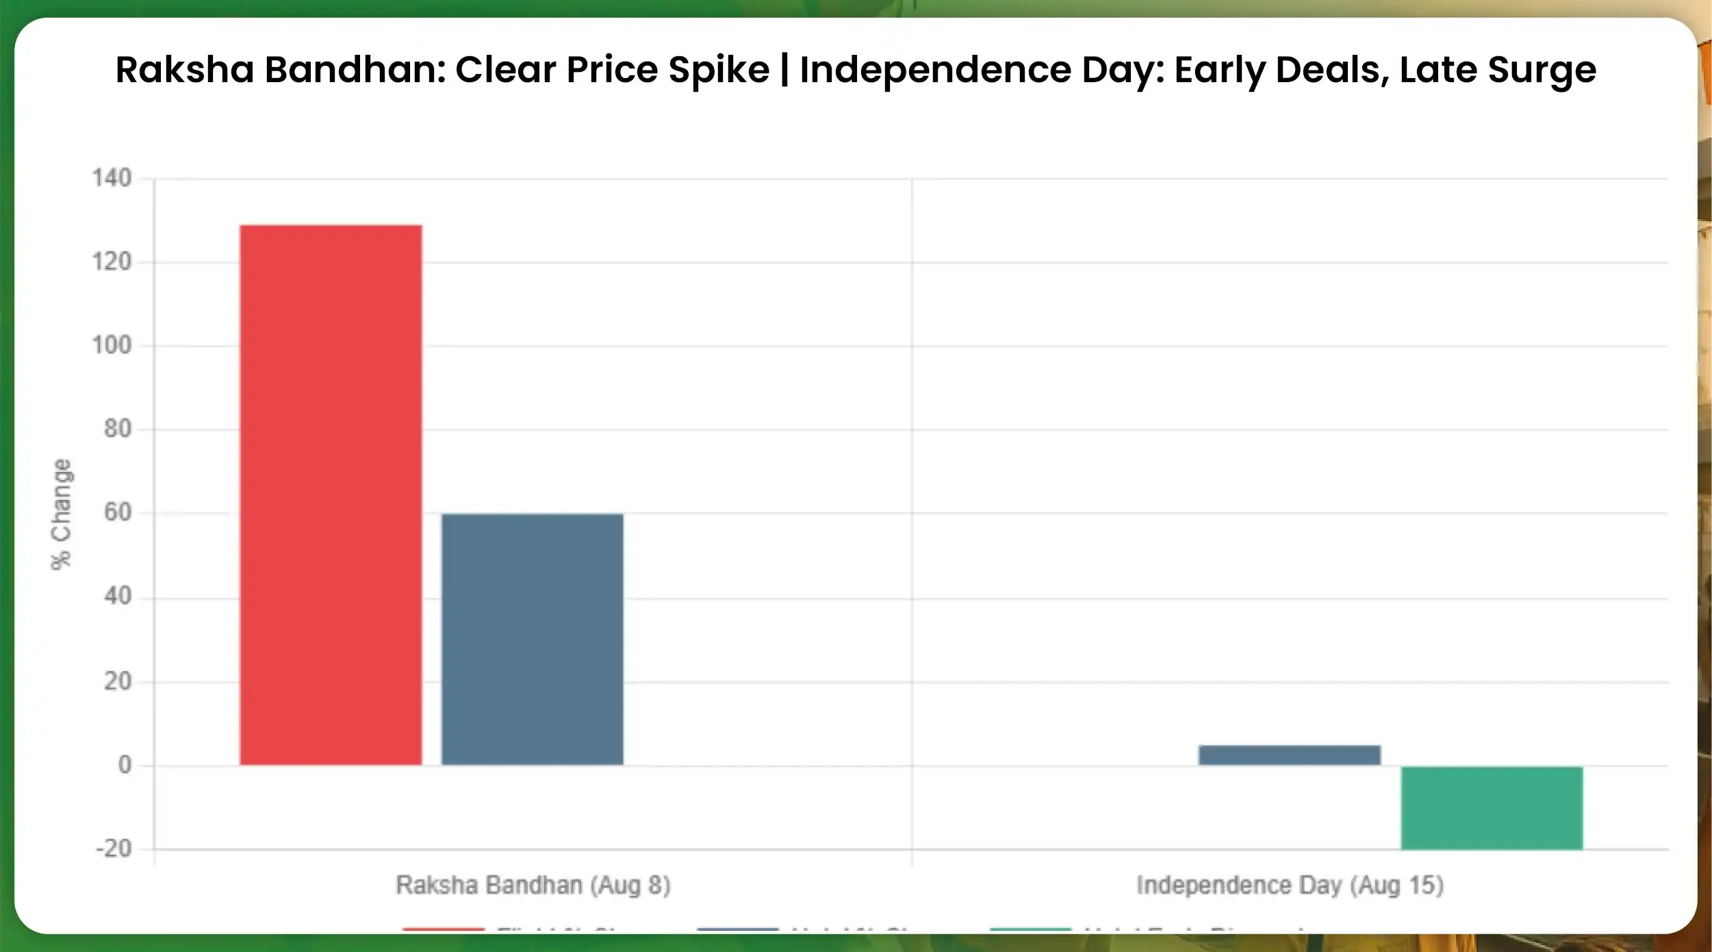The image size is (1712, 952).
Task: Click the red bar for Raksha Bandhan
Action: point(331,494)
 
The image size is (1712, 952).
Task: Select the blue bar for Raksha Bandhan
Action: point(532,639)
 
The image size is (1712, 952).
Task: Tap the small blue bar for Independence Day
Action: point(1289,755)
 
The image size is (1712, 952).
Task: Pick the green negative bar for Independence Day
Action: point(1492,808)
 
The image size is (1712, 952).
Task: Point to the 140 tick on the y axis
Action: point(112,179)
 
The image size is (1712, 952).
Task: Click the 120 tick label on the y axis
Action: point(112,262)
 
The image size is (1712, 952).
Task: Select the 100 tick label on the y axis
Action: point(112,345)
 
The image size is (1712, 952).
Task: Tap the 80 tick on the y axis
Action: point(117,429)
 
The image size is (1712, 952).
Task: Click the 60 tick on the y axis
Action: point(117,512)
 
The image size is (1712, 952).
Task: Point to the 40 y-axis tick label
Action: point(117,597)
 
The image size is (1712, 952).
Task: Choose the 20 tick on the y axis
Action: point(117,681)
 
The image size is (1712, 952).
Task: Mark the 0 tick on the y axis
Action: point(125,765)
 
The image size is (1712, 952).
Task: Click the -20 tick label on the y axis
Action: point(114,849)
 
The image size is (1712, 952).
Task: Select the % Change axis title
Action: point(61,514)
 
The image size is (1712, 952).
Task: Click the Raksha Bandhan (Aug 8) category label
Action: point(533,886)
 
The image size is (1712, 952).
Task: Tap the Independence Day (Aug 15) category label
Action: point(1290,886)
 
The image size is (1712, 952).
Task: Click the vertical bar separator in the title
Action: point(784,71)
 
